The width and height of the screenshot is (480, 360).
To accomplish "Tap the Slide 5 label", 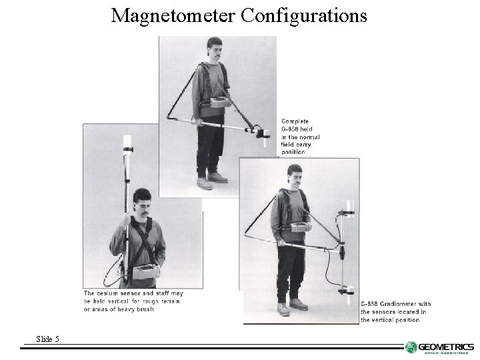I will (47, 339).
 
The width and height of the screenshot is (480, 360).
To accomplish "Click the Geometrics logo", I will (439, 347).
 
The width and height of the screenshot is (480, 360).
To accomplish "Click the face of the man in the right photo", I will (295, 179).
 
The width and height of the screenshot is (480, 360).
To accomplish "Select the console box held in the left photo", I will (143, 271).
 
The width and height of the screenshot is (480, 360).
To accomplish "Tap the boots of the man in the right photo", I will (290, 305).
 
